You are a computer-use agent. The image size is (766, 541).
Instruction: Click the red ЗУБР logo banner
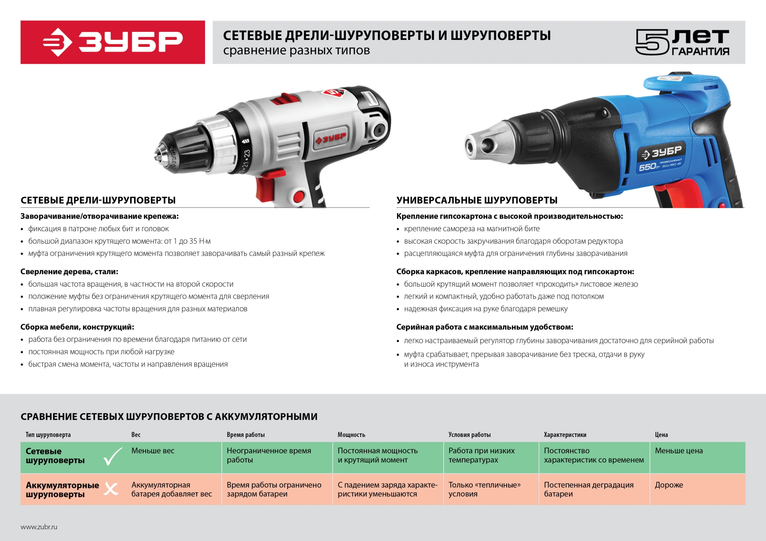pos(113,42)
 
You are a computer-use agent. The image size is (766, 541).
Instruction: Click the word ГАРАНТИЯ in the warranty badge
pos(700,51)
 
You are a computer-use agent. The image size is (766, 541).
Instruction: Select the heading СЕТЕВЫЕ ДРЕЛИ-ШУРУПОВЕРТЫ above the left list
pos(98,200)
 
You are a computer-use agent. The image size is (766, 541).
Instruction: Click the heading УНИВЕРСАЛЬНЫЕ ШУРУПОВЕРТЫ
pos(477,200)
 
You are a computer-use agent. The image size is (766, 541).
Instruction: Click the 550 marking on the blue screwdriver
pos(647,167)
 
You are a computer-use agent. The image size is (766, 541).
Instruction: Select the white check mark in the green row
pos(113,456)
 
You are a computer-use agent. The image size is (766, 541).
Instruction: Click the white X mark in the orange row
pos(111,489)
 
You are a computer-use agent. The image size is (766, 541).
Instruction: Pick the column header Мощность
pos(351,435)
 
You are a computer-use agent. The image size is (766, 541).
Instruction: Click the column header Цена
pos(661,435)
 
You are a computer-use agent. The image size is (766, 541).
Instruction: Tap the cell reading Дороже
pos(669,485)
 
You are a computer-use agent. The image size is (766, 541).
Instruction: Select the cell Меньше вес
pos(153,451)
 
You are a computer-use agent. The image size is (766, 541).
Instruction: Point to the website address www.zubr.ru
pos(39,527)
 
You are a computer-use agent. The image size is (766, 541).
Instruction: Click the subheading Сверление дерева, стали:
pos(69,271)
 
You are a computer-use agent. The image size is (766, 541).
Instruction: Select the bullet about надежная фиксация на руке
pos(486,309)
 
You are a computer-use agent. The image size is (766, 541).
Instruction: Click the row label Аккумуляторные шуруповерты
pos(62,490)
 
